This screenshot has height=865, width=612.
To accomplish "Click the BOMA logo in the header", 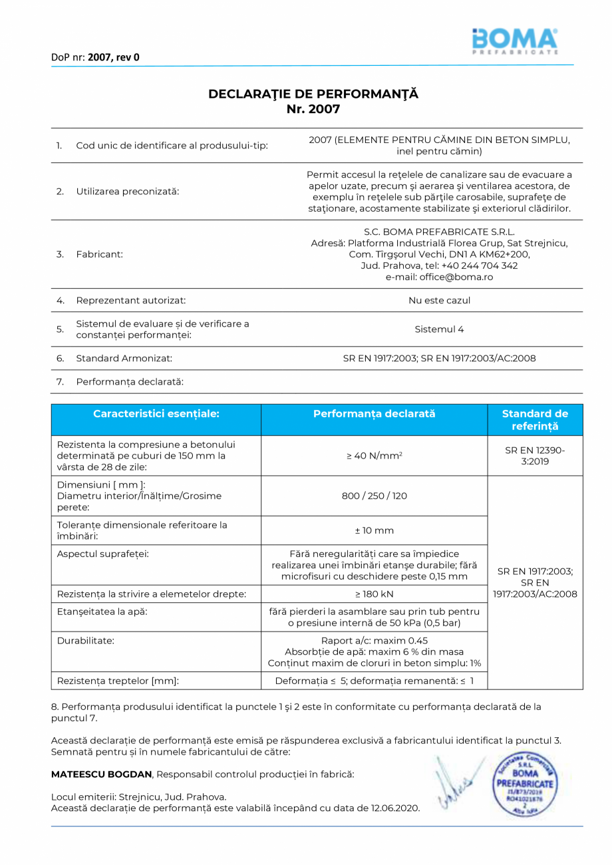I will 515,41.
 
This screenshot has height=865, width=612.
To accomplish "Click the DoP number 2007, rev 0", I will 114,57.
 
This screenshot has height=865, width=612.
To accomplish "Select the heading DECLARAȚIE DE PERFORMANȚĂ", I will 313,94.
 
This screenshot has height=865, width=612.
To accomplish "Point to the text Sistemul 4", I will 439,329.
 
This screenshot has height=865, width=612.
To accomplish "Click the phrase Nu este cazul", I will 439,300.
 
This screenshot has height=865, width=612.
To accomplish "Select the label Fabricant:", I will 99,254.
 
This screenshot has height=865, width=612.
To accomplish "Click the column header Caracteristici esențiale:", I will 156,414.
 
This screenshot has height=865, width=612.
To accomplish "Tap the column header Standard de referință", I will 535,420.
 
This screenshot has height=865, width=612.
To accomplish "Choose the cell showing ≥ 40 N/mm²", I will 374,456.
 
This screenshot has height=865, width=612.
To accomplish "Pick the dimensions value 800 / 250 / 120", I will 374,496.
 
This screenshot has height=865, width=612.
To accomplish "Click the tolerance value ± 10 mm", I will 374,531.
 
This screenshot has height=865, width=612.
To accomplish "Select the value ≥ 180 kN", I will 374,594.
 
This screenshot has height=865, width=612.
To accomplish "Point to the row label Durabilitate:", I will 86,641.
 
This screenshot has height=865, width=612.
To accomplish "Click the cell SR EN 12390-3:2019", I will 535,456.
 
